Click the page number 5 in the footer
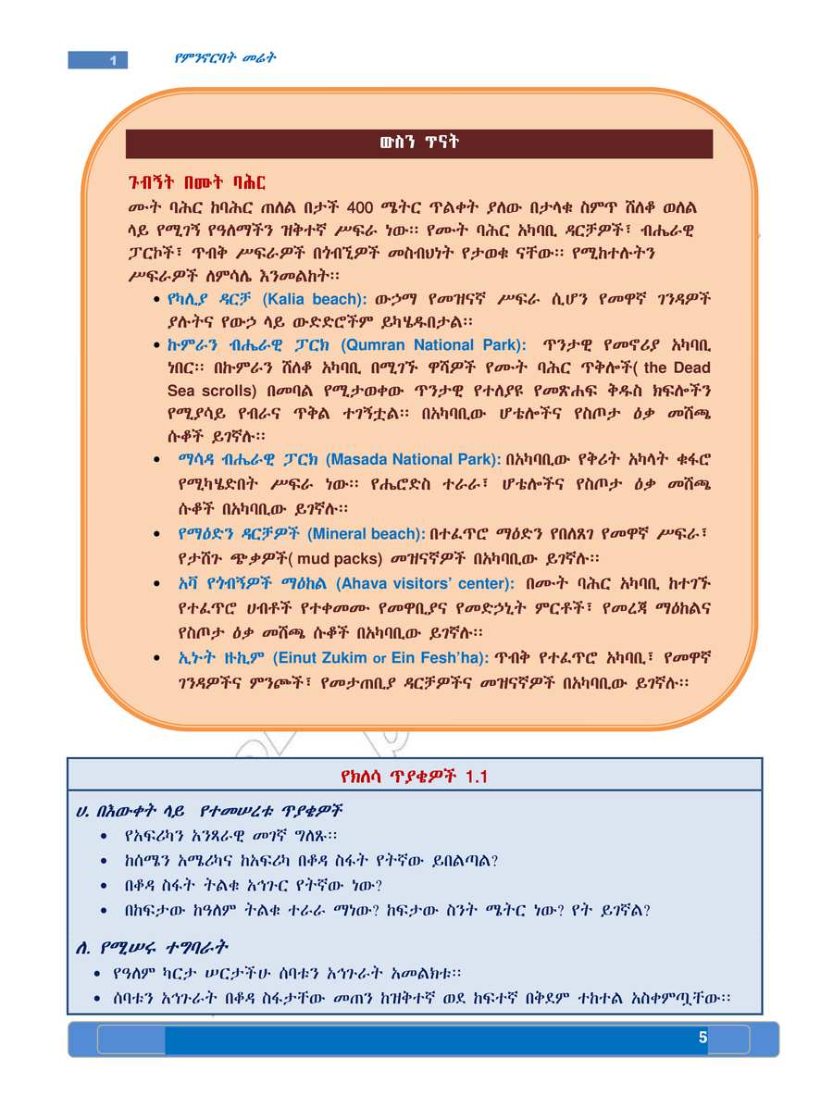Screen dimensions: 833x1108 [702, 1039]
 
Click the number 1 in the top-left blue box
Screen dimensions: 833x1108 [112, 61]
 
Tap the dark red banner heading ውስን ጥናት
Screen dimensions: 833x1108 [419, 143]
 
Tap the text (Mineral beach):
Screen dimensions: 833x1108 [366, 534]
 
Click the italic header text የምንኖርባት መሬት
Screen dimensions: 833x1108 [226, 58]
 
